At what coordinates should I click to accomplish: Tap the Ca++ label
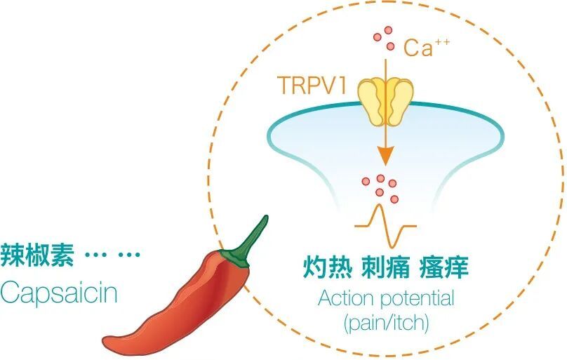pyautogui.click(x=425, y=48)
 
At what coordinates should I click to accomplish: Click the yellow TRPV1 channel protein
pyautogui.click(x=385, y=100)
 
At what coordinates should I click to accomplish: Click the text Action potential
pyautogui.click(x=385, y=298)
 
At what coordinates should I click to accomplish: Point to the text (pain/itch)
pyautogui.click(x=385, y=324)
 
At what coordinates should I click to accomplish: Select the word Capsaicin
pyautogui.click(x=59, y=293)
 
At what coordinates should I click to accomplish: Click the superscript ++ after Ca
pyautogui.click(x=441, y=42)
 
